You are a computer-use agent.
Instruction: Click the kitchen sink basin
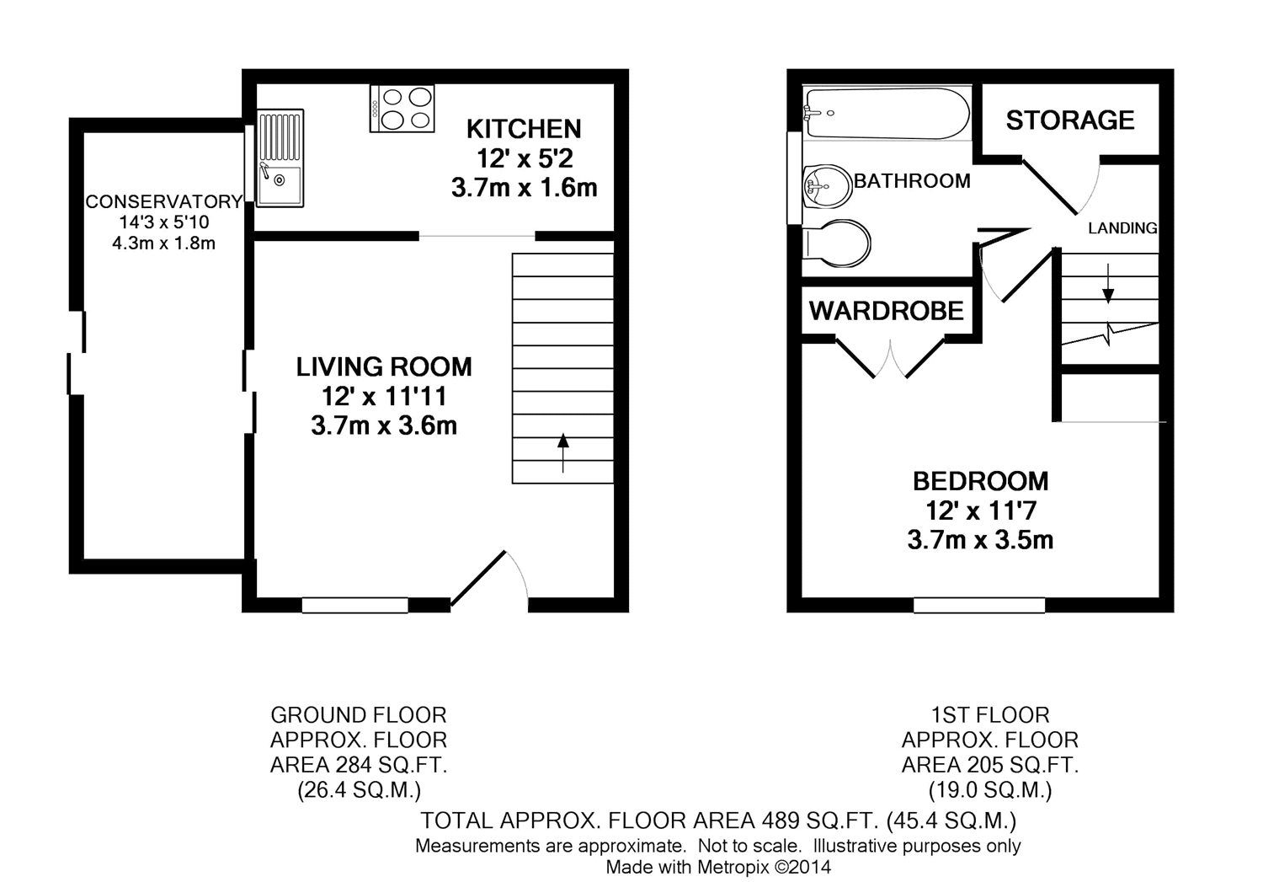tap(280, 185)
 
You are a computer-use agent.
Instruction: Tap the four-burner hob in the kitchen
tap(402, 109)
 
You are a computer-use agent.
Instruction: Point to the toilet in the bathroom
tap(838, 243)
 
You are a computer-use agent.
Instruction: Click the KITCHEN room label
tap(524, 129)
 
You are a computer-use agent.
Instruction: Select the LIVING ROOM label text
tap(384, 366)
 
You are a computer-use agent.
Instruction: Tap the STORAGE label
tap(1070, 120)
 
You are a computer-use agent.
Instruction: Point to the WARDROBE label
tap(886, 311)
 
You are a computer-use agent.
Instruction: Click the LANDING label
tap(1122, 228)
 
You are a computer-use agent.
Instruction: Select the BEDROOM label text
tap(981, 481)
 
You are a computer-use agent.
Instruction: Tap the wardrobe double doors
tap(890, 358)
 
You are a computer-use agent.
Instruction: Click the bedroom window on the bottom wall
tap(979, 604)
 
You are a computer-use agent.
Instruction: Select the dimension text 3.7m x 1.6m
tap(524, 187)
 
